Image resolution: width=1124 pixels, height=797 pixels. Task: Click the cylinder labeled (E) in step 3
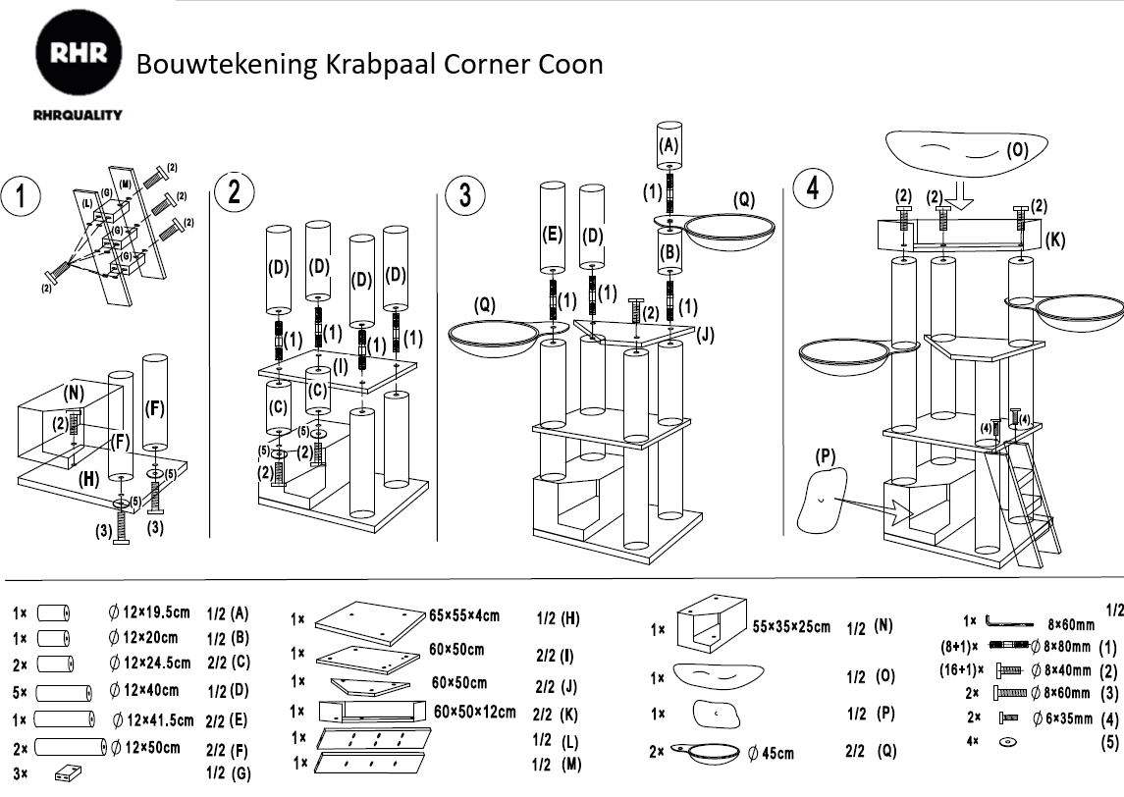[552, 229]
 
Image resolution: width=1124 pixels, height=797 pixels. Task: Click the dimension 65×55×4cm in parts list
[464, 616]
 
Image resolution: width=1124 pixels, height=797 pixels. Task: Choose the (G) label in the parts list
[240, 773]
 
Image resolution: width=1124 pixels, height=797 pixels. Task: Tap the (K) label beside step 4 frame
[1055, 239]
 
